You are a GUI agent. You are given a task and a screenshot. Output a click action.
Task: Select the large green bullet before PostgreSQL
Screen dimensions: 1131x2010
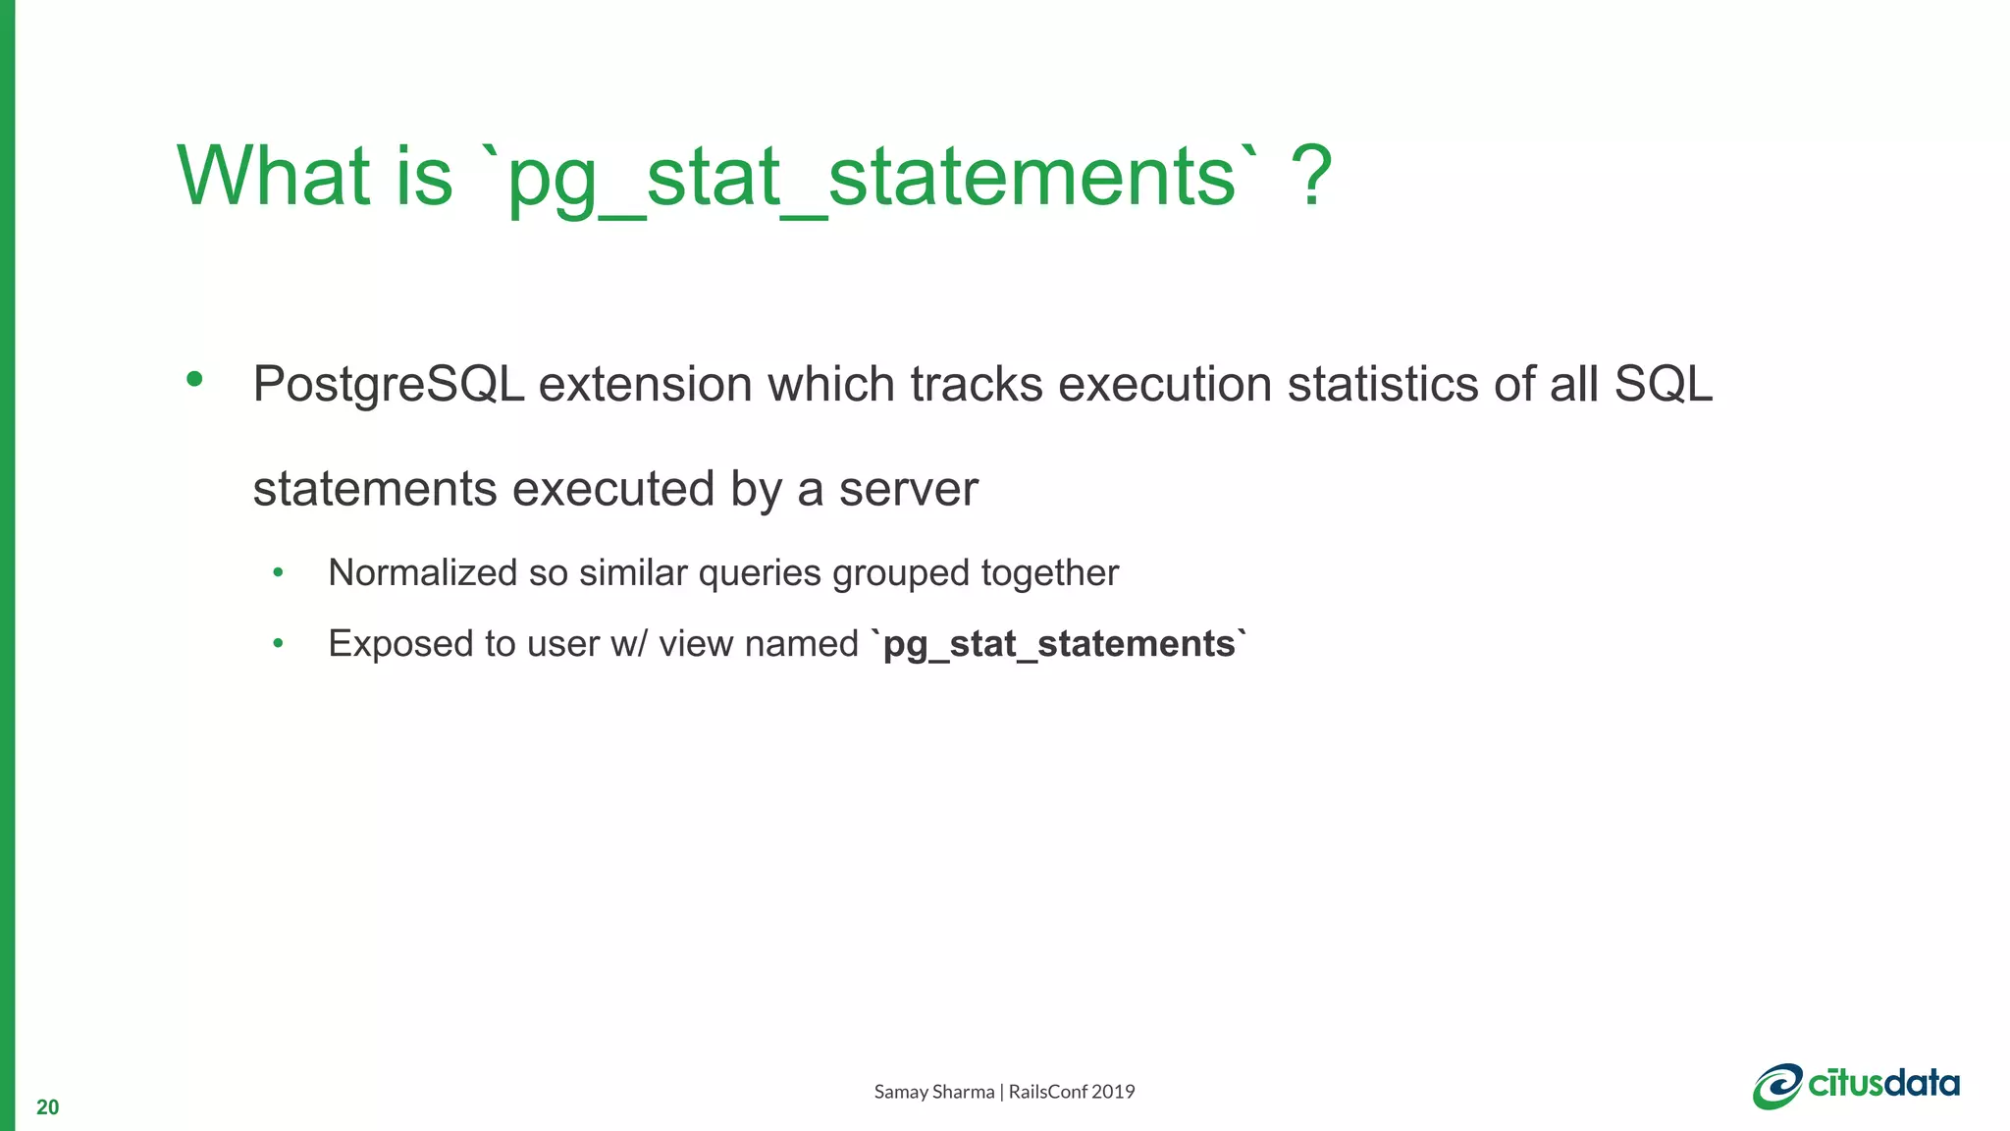click(194, 379)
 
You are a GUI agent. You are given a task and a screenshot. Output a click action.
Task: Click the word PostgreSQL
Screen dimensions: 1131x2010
click(389, 385)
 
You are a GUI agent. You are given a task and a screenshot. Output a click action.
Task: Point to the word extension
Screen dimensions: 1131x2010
click(646, 385)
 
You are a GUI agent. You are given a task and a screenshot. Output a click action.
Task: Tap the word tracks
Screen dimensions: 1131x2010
click(976, 385)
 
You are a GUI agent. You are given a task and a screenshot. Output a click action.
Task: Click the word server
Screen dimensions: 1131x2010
click(908, 490)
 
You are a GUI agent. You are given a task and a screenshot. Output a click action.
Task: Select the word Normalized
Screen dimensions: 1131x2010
click(422, 572)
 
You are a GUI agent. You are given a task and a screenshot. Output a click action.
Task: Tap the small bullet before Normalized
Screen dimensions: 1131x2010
click(279, 572)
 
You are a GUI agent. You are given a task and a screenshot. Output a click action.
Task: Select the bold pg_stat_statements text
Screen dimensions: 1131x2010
click(1059, 645)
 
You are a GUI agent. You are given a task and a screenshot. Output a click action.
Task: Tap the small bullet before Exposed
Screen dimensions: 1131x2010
click(279, 644)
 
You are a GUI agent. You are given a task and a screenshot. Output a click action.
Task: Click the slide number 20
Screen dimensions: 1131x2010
click(47, 1107)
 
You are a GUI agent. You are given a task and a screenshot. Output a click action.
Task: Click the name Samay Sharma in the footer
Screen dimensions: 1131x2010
click(933, 1092)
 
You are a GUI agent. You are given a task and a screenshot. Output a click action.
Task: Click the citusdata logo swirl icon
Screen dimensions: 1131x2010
click(1777, 1086)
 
